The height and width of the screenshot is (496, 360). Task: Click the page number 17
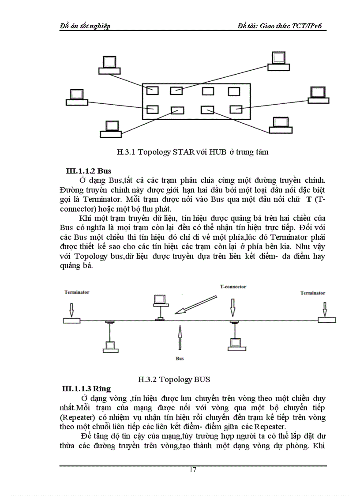click(192, 470)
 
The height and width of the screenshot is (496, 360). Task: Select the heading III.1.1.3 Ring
click(86, 389)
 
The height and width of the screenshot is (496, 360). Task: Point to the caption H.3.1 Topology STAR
click(193, 152)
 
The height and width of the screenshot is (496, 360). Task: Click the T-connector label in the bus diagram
click(233, 287)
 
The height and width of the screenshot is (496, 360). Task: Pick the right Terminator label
click(313, 293)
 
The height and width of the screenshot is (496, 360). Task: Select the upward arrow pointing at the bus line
click(180, 338)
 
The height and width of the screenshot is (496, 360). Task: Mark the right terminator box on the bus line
click(326, 320)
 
